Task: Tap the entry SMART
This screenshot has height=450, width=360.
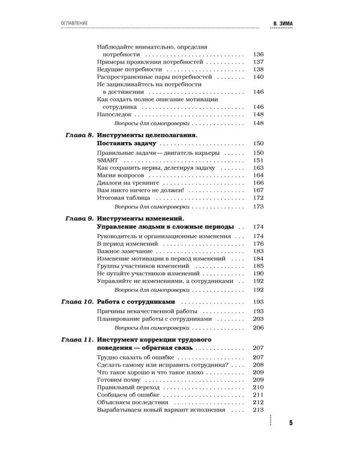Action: (x=106, y=161)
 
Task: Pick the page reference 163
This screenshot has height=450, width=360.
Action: (x=259, y=170)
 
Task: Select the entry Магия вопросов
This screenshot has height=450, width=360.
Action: (x=120, y=179)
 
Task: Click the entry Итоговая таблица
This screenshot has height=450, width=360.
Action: (x=123, y=197)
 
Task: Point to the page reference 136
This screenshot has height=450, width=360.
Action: (x=259, y=53)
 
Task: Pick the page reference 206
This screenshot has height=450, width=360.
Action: (x=259, y=328)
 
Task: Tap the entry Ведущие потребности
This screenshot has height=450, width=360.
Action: (x=125, y=70)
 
